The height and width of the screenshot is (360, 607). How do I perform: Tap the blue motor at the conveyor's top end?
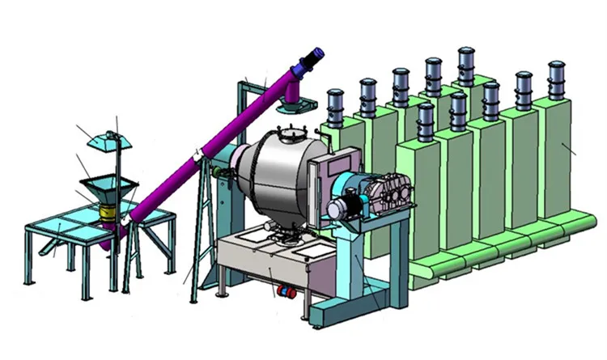click(312, 59)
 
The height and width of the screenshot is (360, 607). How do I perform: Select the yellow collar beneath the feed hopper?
click(106, 212)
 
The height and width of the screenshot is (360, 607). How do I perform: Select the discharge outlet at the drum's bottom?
click(283, 234)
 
